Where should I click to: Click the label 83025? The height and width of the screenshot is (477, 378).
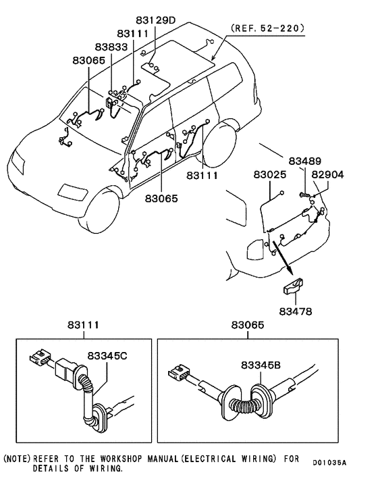pos(271,174)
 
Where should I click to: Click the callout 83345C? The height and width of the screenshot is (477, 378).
pos(107,356)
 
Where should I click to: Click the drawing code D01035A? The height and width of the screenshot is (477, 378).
pos(329,463)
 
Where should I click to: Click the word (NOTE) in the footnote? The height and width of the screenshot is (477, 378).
pos(18,458)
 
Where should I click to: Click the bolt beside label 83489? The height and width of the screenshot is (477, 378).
pos(305,195)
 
